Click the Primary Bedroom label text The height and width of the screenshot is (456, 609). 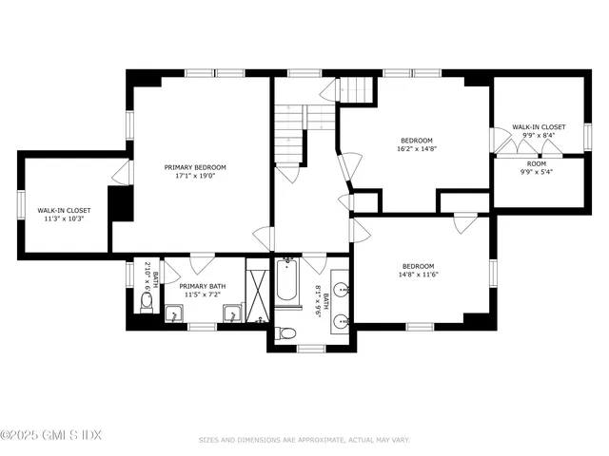coord(201,166)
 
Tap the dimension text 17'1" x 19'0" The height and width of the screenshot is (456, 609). coord(201,176)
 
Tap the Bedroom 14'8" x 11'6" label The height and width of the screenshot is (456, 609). coord(419,271)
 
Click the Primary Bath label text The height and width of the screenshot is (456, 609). coord(203,285)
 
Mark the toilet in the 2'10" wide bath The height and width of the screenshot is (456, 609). coord(147,302)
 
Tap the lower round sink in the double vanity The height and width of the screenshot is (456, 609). coord(343,320)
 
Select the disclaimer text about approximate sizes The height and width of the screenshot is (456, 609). coord(304,440)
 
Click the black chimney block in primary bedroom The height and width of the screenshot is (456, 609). coord(120,203)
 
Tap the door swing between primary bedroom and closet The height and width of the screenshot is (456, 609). coord(121,173)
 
